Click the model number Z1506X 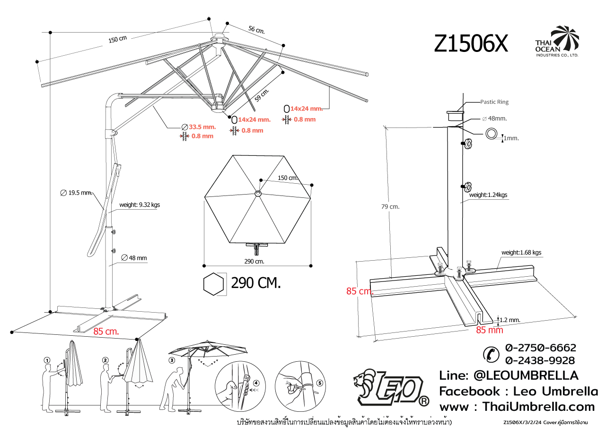click(471, 44)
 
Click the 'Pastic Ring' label click(494, 102)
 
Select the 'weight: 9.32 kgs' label click(139, 205)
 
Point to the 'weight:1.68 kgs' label click(521, 253)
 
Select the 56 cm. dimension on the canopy click(256, 30)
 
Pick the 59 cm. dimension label click(262, 95)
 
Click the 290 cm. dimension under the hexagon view click(254, 261)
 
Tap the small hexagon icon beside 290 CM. click(213, 284)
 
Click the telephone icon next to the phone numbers click(491, 354)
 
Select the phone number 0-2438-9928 click(540, 361)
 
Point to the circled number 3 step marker click(172, 360)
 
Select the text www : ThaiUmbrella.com click(517, 407)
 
